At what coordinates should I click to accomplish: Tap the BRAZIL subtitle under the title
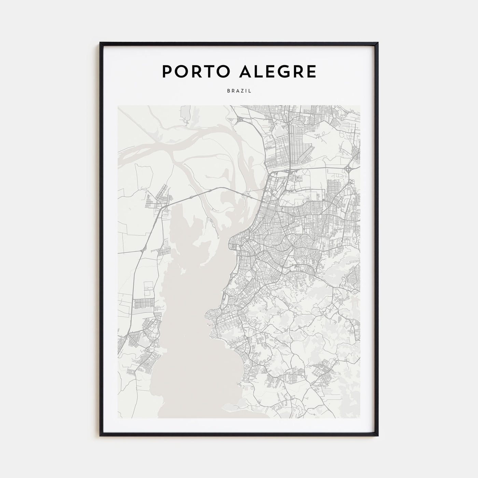pyautogui.click(x=239, y=91)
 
